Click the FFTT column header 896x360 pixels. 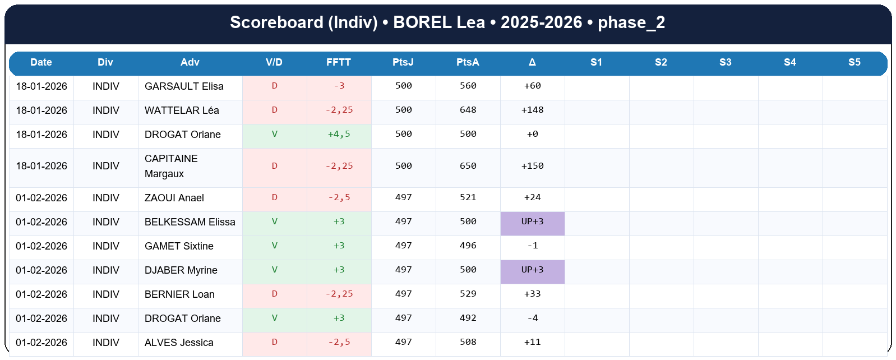tap(339, 62)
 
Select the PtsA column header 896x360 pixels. tap(468, 62)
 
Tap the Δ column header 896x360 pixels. tap(532, 62)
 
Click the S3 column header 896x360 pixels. tap(725, 62)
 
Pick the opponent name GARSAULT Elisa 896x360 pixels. tap(184, 86)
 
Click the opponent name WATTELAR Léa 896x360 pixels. tap(182, 110)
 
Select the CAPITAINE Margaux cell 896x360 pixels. tap(171, 166)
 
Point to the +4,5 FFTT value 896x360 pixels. tap(339, 135)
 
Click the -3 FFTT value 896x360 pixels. tap(339, 86)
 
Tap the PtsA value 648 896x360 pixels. tap(468, 110)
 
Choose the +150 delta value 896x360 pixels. tap(532, 166)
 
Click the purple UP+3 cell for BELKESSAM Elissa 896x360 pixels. tap(532, 222)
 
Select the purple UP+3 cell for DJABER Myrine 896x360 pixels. tap(532, 270)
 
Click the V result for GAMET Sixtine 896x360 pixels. tap(274, 246)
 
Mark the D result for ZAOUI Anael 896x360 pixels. tap(274, 198)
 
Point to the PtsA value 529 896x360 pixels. tap(468, 294)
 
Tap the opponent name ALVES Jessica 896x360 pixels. tap(179, 343)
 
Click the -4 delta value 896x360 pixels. tap(532, 319)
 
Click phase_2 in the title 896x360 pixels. tap(631, 22)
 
